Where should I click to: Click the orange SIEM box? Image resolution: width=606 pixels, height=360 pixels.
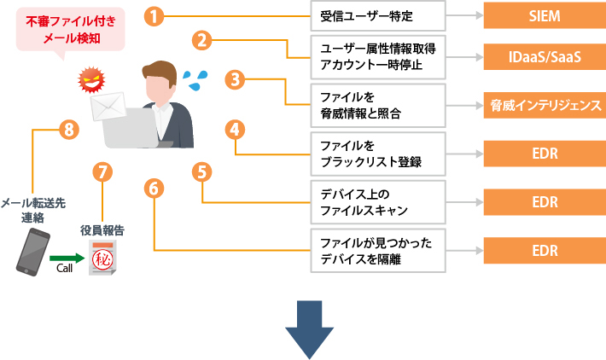point(544,15)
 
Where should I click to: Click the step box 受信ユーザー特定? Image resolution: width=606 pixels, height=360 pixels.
point(378,15)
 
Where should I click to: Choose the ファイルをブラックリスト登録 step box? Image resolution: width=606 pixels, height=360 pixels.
point(378,154)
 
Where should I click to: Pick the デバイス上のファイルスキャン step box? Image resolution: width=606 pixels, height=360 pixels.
point(378,202)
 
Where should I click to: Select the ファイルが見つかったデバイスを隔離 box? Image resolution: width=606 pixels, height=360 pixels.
point(378,251)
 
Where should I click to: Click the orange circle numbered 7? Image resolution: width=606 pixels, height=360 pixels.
point(103,171)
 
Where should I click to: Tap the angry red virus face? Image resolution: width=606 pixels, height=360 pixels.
point(89,83)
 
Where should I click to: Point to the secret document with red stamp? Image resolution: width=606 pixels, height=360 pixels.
point(103,258)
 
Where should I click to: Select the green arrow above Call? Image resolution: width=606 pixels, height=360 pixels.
point(65,255)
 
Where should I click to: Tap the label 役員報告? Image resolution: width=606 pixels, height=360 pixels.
point(102,229)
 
